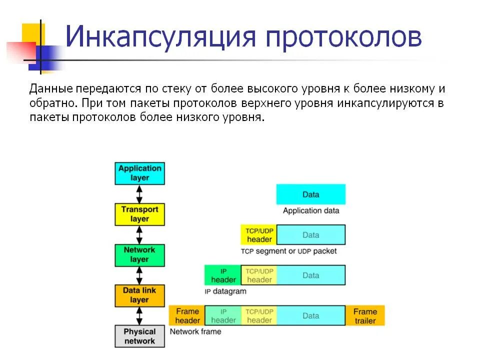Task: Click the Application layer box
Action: (139, 173)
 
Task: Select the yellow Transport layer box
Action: (139, 214)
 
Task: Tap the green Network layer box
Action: (139, 254)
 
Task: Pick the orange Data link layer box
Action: (139, 295)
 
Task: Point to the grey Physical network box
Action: (139, 336)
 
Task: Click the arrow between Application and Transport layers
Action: (139, 193)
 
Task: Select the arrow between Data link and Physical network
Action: (139, 315)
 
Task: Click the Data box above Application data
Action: (310, 194)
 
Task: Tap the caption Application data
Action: (310, 210)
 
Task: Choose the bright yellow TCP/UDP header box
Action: (259, 234)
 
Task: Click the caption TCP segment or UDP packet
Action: (288, 251)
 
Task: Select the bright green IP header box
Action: (223, 275)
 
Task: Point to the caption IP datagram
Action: (225, 291)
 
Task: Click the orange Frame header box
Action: (187, 315)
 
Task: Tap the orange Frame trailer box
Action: (365, 315)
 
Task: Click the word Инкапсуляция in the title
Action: (160, 38)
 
